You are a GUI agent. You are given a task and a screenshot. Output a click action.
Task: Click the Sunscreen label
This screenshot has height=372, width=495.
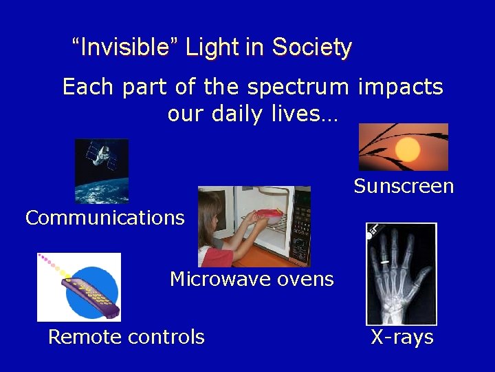tap(404, 186)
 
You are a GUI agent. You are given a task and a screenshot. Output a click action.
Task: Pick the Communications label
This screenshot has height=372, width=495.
tap(105, 218)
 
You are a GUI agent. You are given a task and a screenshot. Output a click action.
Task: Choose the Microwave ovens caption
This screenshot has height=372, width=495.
tap(252, 279)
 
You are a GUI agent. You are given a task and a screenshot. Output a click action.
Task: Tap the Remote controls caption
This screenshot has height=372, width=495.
tap(126, 337)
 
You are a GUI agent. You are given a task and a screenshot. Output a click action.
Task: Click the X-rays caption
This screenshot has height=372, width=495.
tap(402, 337)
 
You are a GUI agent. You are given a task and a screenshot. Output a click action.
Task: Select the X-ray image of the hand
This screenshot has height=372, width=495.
tap(401, 273)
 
